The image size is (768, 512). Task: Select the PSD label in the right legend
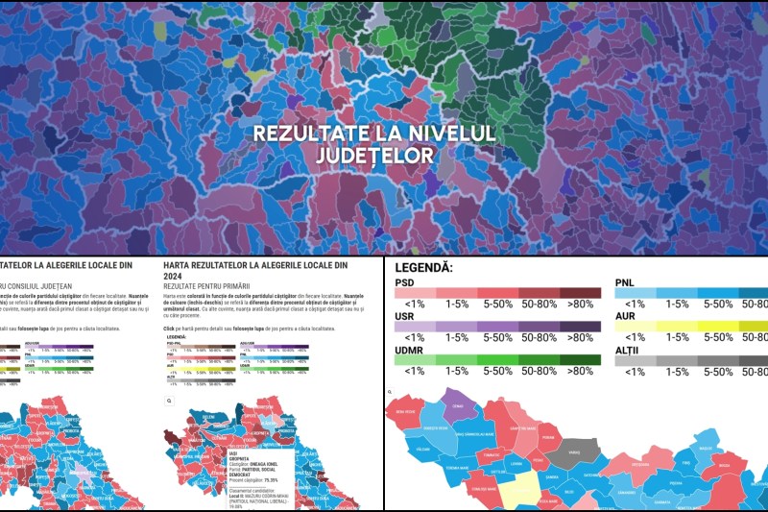[405, 282]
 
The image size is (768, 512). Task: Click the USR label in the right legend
[406, 314]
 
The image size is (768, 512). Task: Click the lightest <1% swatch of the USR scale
[415, 326]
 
